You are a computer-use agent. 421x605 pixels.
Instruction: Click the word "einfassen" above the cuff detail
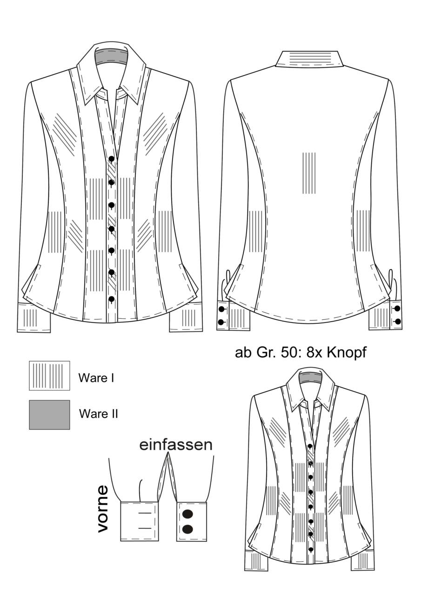[176, 445]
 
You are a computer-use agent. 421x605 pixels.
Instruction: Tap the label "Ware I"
[96, 378]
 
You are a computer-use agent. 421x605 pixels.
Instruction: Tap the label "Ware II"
[99, 414]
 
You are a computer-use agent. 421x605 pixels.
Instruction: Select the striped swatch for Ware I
[49, 376]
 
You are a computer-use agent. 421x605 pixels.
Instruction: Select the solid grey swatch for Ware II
[49, 415]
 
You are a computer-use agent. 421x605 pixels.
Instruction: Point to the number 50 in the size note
[289, 353]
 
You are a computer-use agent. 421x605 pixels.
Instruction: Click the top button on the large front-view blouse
[112, 159]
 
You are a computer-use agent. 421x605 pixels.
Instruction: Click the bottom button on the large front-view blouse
[112, 299]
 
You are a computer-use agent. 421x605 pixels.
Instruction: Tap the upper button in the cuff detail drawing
[187, 514]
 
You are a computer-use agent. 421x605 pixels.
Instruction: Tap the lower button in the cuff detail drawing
[187, 529]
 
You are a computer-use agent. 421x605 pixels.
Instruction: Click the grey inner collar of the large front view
[112, 56]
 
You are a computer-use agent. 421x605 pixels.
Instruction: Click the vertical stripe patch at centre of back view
[309, 173]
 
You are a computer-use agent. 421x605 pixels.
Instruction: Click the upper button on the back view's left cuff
[221, 309]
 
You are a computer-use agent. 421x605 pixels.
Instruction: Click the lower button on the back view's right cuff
[397, 322]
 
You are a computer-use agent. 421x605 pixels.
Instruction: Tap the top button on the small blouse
[310, 446]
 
